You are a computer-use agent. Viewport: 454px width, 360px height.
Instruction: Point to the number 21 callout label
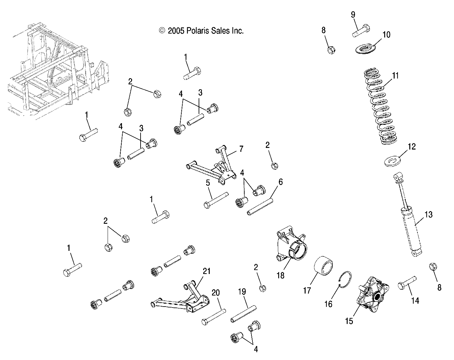pos(207,271)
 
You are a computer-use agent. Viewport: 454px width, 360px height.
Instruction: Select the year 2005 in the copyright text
pos(176,31)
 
